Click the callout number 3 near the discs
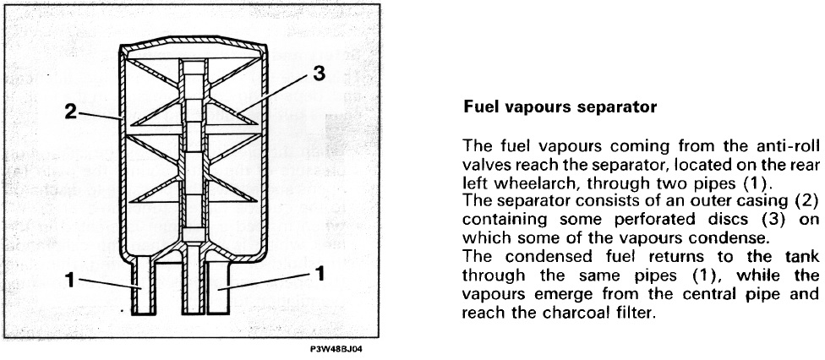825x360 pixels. click(319, 74)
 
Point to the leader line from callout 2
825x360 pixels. click(101, 117)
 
